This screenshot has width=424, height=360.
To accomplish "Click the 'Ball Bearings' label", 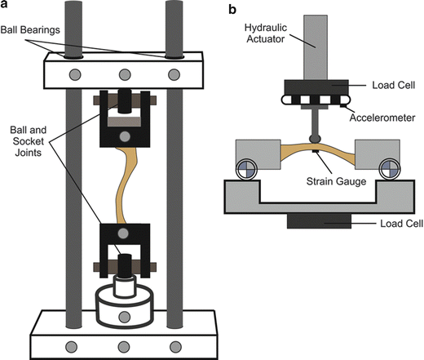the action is click(30, 29).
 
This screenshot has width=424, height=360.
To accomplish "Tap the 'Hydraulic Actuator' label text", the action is click(266, 33).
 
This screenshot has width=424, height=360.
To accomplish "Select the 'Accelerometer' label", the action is click(382, 118).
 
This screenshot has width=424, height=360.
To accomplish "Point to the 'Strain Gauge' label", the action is click(336, 181).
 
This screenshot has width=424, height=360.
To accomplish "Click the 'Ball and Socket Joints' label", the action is click(29, 141).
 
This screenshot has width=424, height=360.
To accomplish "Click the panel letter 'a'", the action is click(4, 5).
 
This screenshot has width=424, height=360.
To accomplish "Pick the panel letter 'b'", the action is click(232, 10).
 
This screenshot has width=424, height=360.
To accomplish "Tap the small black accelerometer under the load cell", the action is click(343, 105).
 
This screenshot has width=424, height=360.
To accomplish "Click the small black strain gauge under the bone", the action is click(316, 151).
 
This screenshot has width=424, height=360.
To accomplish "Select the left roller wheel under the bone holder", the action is click(246, 169).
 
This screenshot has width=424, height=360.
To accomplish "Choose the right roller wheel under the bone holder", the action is click(390, 169).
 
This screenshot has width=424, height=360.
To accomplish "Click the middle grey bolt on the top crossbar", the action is click(125, 74).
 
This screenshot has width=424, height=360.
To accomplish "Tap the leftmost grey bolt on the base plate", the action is click(71, 347).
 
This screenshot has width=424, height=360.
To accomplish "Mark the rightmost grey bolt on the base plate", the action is click(175, 347).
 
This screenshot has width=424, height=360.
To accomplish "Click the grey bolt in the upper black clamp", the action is click(125, 136).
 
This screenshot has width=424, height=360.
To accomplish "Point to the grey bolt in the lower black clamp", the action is click(123, 233).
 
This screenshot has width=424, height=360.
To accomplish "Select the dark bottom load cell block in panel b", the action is click(319, 221).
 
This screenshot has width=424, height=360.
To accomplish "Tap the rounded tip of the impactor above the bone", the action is click(315, 139).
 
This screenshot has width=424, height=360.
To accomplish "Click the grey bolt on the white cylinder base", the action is click(124, 317).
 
